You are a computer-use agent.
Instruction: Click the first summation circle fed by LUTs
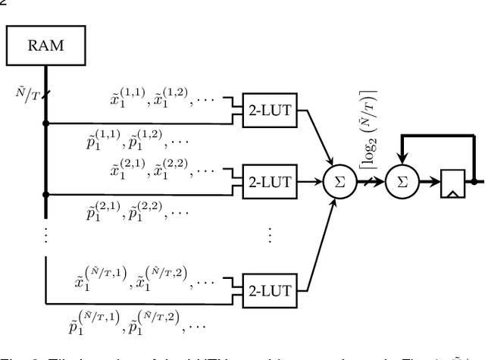click(334, 182)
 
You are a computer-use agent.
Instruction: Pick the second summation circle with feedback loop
click(402, 182)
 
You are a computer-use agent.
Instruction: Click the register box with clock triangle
click(452, 183)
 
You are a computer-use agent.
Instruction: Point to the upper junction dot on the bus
click(45, 122)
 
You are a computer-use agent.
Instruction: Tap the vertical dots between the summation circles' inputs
click(270, 235)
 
